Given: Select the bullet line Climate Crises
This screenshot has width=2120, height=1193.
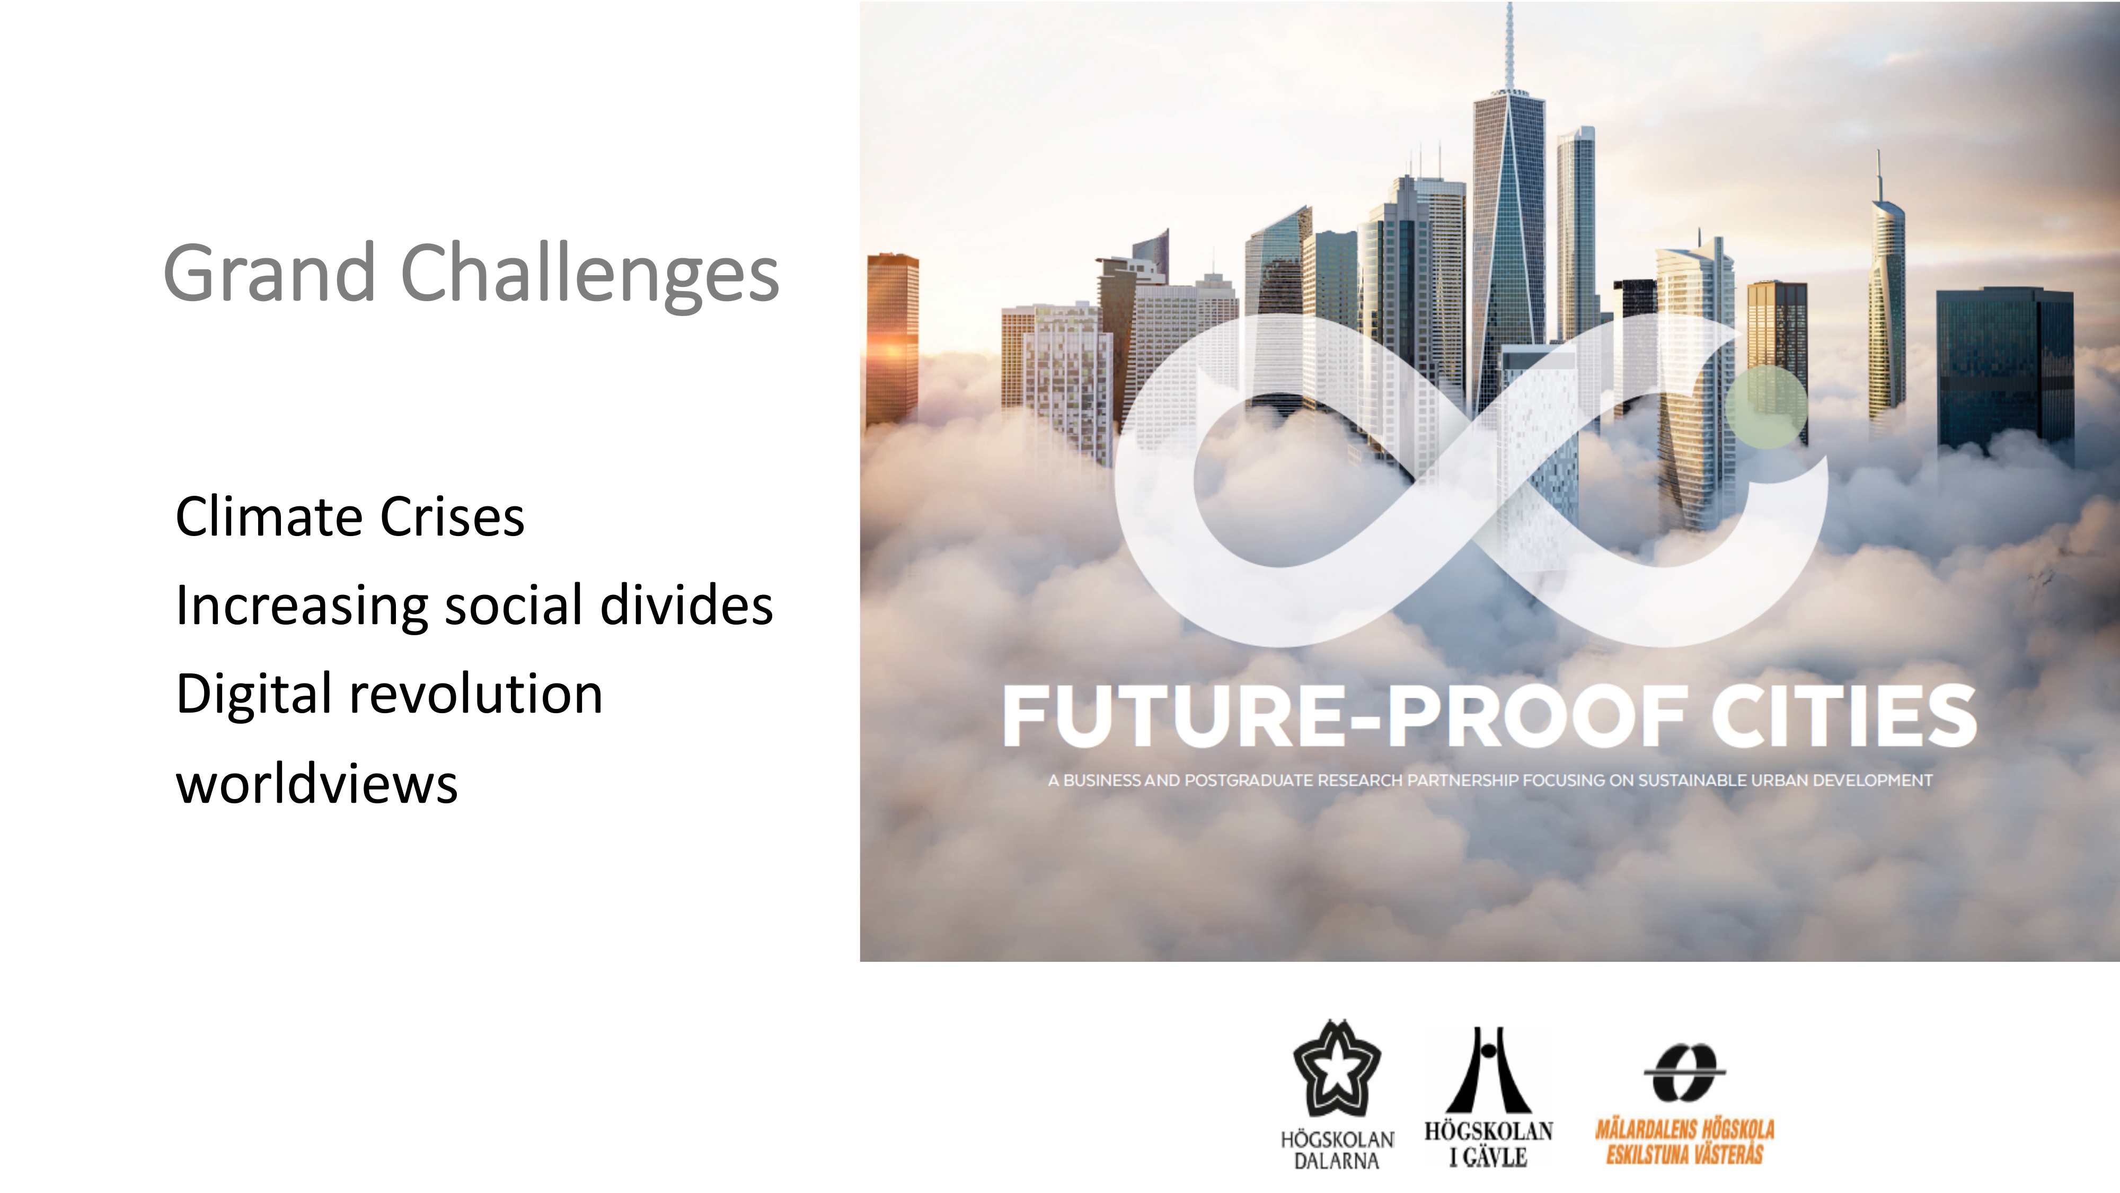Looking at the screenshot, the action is click(350, 517).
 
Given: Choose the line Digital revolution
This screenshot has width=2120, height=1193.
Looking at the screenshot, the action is click(389, 694).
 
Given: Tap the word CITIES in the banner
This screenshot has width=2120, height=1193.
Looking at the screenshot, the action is click(1843, 716).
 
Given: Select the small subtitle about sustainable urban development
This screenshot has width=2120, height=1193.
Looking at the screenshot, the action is click(1490, 779).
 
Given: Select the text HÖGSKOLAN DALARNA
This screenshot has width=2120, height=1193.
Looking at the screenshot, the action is click(1337, 1150).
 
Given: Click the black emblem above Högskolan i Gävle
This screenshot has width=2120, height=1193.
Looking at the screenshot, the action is click(1489, 1071).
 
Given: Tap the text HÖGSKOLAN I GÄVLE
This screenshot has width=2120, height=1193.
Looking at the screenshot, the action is click(1489, 1144).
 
